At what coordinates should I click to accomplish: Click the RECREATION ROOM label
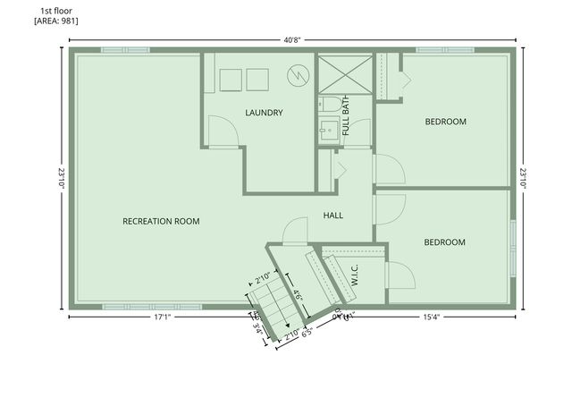(x=161, y=221)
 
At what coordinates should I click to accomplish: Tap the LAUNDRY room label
(x=264, y=113)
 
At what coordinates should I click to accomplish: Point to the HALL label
(x=333, y=216)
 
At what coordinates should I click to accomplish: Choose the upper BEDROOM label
(x=445, y=122)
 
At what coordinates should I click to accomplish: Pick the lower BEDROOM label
(x=445, y=242)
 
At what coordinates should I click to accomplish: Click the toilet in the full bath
(x=327, y=108)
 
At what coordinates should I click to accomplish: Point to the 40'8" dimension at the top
(x=292, y=38)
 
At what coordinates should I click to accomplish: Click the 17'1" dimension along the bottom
(x=162, y=317)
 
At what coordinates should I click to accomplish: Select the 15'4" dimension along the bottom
(x=432, y=317)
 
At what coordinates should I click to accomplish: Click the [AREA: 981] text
(x=56, y=21)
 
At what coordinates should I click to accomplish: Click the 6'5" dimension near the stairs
(x=306, y=336)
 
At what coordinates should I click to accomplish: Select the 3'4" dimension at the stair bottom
(x=259, y=327)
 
